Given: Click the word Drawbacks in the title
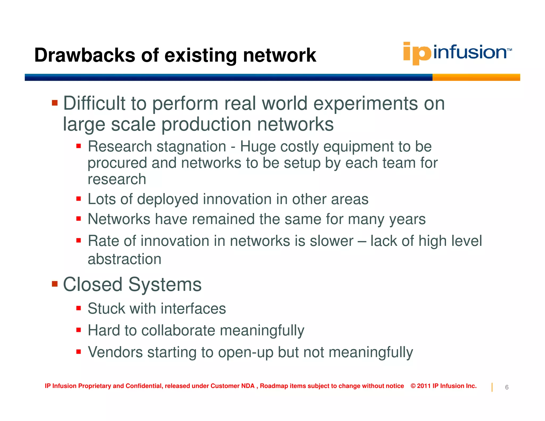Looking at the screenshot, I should point(85,55).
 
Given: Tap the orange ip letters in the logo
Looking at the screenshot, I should point(417,53).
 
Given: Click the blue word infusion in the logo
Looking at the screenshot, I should point(470,52).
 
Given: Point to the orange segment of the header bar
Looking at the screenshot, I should point(476,77).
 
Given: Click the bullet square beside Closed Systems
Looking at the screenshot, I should point(55,284).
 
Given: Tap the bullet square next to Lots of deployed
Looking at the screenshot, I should point(79,199).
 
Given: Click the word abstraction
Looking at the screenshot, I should point(125,259).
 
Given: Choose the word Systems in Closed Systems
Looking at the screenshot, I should point(165,284).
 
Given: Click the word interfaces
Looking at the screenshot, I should point(193,309).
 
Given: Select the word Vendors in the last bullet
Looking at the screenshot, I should point(115,352).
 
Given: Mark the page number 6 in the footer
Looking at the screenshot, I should point(507,387).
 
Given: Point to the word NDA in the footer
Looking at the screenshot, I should point(248,386).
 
